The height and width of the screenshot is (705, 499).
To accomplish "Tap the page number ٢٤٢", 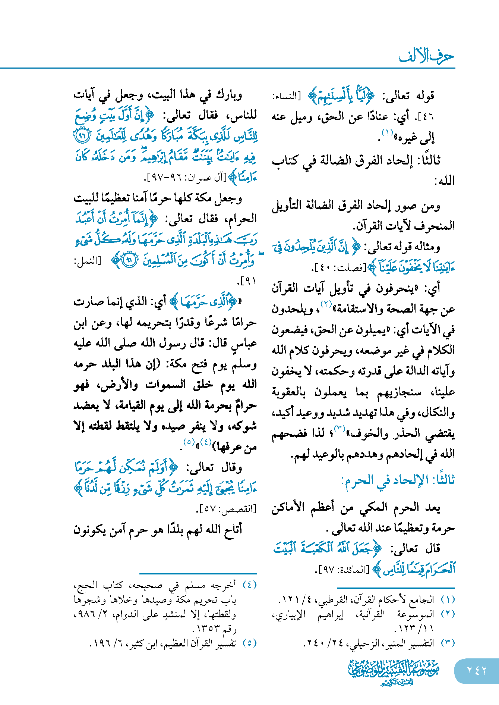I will point(477,671).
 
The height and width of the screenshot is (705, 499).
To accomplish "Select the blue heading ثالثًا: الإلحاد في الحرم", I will point(398,480).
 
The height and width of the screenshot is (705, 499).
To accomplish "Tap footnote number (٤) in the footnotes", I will point(249,585).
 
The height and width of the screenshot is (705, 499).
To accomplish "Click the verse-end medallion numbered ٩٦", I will point(82,135).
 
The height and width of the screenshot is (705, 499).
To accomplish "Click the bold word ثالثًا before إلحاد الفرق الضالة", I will point(429,160).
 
